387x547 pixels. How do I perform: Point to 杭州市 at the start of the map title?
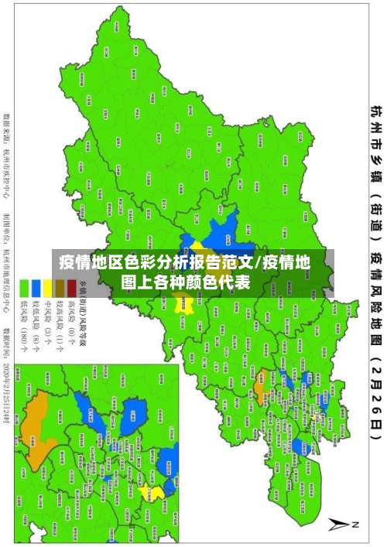click(375, 124)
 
